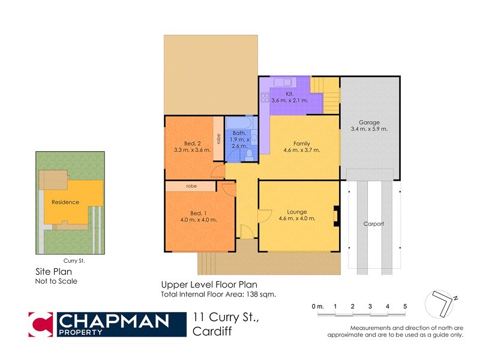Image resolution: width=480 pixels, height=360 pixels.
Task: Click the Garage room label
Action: (369, 122)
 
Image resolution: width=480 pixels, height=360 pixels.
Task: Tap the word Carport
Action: (373, 224)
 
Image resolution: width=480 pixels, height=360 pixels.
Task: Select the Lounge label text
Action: (296, 212)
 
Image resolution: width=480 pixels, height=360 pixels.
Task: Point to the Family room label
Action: (301, 143)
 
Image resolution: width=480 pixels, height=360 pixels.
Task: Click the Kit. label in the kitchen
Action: (289, 94)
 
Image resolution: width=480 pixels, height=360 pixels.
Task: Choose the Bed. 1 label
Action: (199, 213)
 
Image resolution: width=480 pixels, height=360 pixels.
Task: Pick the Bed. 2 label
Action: (192, 143)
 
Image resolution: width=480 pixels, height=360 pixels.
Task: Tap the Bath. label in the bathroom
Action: (239, 133)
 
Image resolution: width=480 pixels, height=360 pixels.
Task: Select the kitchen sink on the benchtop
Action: (281, 82)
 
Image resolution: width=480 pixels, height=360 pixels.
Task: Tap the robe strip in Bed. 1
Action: (191, 187)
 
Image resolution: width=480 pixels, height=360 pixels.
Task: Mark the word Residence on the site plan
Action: (65, 202)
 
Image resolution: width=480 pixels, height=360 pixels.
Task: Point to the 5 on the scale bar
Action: (405, 307)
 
